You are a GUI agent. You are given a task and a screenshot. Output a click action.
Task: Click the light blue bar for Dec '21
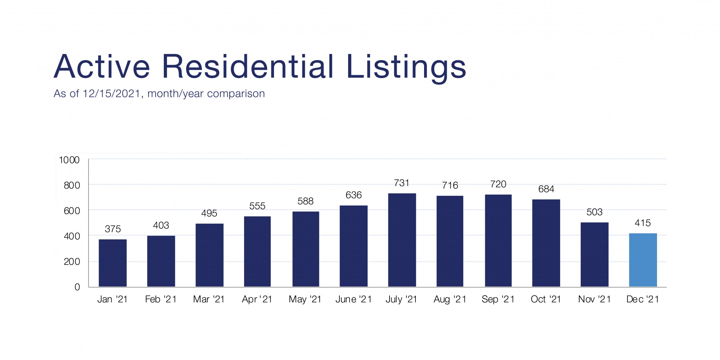pos(643,260)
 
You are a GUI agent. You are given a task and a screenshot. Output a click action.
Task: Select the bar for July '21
pos(402,240)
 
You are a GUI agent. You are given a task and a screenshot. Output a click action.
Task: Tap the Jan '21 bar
pos(113,263)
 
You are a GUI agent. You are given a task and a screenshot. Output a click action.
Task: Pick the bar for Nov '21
pos(594,255)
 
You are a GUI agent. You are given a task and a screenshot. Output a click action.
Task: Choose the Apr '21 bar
pos(257,252)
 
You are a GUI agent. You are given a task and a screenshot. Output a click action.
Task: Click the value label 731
pos(402,183)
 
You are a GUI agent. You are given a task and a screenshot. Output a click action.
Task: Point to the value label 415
pos(643,223)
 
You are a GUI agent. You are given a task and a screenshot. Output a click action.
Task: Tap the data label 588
pos(305,201)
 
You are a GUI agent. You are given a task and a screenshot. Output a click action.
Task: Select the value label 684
pos(546,189)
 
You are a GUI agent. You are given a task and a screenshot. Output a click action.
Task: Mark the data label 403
pos(161,225)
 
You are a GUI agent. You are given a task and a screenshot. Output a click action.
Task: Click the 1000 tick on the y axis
pos(69,160)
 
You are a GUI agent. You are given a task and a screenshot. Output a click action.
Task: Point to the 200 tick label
pos(72,262)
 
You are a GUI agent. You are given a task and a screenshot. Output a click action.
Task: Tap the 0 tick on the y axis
pos(77,287)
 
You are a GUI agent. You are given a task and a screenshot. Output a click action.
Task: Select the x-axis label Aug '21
pos(450,300)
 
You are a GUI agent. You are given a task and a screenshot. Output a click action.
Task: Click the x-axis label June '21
pos(353,300)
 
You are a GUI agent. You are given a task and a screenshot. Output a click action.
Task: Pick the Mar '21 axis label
pos(209,300)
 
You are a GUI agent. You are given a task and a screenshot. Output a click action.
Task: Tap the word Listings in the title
pos(406,67)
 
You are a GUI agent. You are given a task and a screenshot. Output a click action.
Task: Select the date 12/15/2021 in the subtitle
pos(111,94)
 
